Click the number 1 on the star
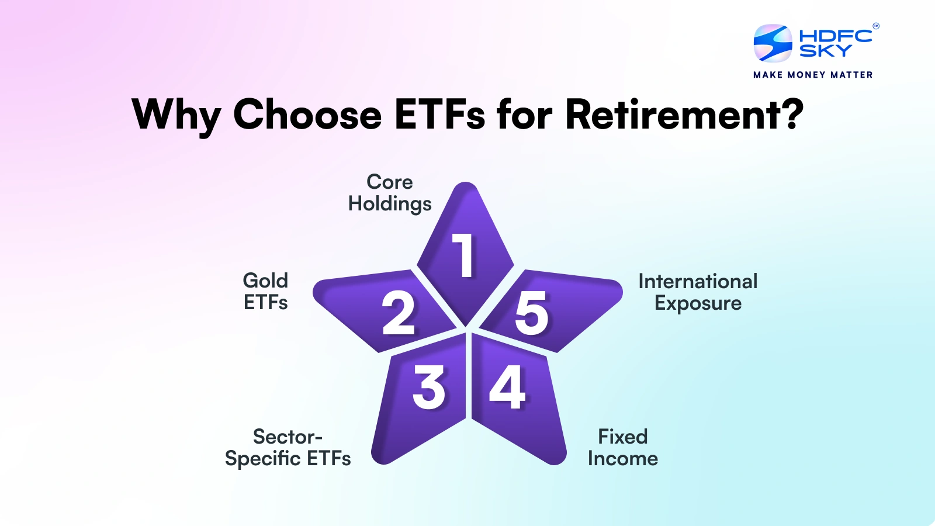coord(464,255)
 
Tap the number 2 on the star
coord(398,313)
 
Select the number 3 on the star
coord(428,387)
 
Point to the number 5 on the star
coord(531,314)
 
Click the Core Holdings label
coord(390,193)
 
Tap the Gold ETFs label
coord(266,292)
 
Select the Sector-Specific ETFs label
coord(288,448)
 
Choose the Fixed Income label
coord(623,448)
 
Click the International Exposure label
coord(698,292)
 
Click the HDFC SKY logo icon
coord(773,43)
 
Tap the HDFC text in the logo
coord(835,36)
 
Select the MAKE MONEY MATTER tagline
coord(813,75)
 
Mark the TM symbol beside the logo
coord(875,26)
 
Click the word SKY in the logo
coord(825,51)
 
